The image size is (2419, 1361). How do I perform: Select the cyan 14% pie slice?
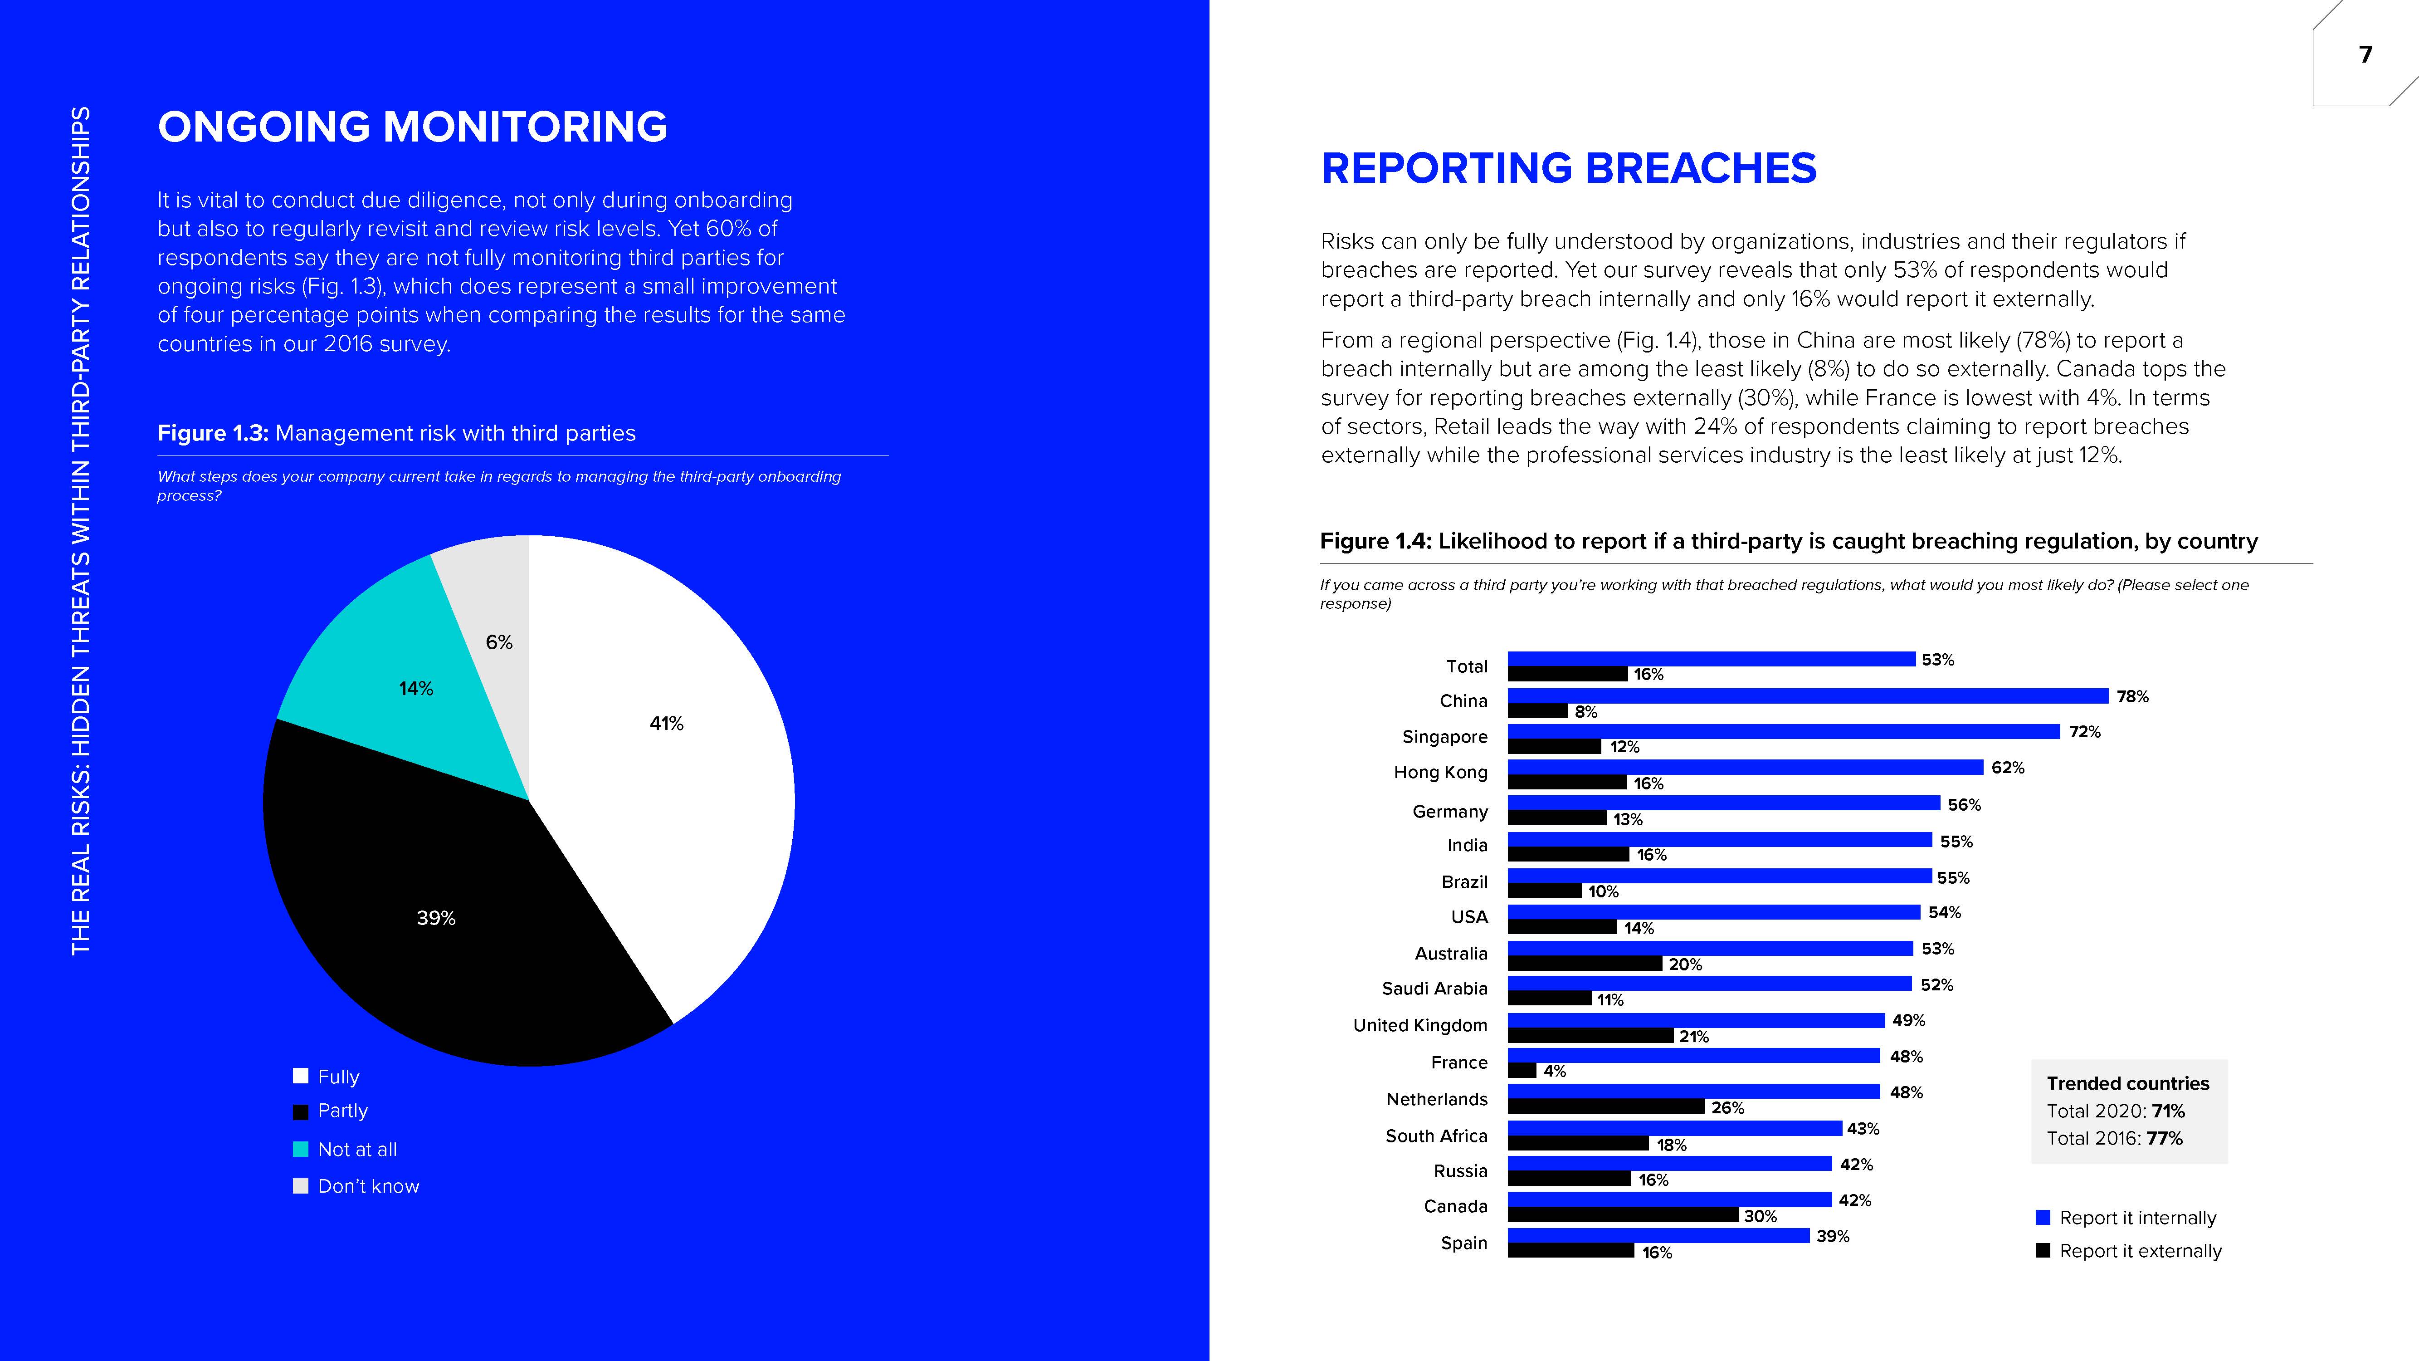(404, 695)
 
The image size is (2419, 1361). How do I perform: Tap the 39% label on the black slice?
(436, 918)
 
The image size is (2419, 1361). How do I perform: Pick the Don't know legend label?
(368, 1186)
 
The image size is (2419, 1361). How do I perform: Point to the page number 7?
(2365, 54)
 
